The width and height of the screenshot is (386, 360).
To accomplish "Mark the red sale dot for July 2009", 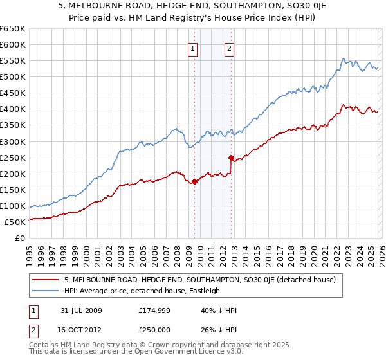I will tap(194, 181).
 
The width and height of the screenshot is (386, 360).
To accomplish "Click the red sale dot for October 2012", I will tap(231, 157).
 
